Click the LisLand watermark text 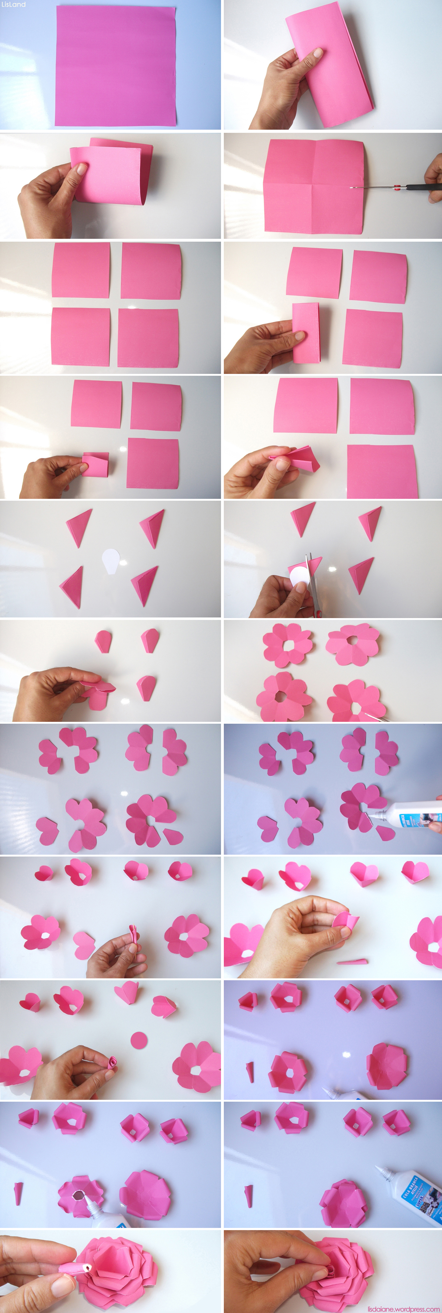[13, 4]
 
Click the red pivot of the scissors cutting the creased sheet [397, 188]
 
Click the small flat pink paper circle [138, 1040]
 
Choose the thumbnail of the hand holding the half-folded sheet [331, 65]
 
